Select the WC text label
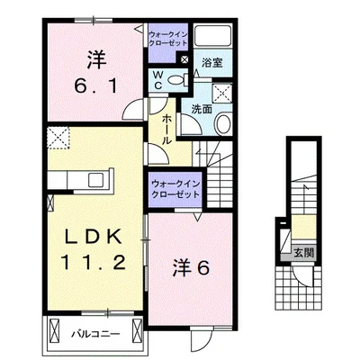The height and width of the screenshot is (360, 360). tap(158, 79)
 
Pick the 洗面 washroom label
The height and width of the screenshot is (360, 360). tap(201, 108)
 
